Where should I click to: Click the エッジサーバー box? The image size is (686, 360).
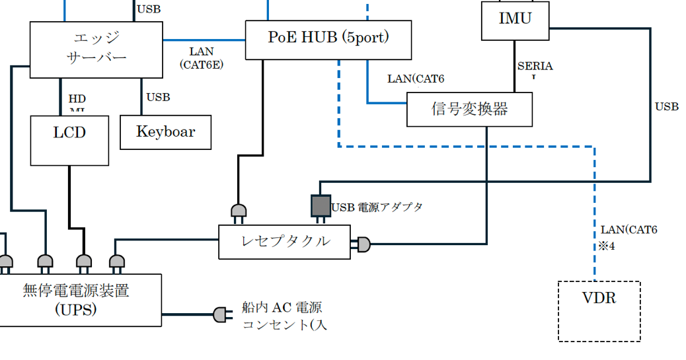[96, 50]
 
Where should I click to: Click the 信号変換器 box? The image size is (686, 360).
[469, 109]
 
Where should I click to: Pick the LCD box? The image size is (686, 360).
[69, 140]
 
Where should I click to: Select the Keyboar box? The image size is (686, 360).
[166, 132]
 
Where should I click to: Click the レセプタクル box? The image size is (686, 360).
[284, 242]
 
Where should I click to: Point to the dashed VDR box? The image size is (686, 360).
[599, 311]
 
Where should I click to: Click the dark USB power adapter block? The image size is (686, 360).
[321, 205]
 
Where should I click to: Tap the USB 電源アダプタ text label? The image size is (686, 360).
[377, 207]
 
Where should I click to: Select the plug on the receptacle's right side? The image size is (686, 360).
[362, 244]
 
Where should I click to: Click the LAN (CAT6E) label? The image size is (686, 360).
[201, 58]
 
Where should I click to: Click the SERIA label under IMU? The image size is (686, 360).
[535, 67]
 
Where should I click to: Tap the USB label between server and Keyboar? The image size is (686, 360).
[158, 98]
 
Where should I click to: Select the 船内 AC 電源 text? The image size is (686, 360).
[282, 308]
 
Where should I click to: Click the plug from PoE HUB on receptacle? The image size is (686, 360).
[238, 212]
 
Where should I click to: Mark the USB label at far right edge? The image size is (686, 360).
[667, 106]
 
